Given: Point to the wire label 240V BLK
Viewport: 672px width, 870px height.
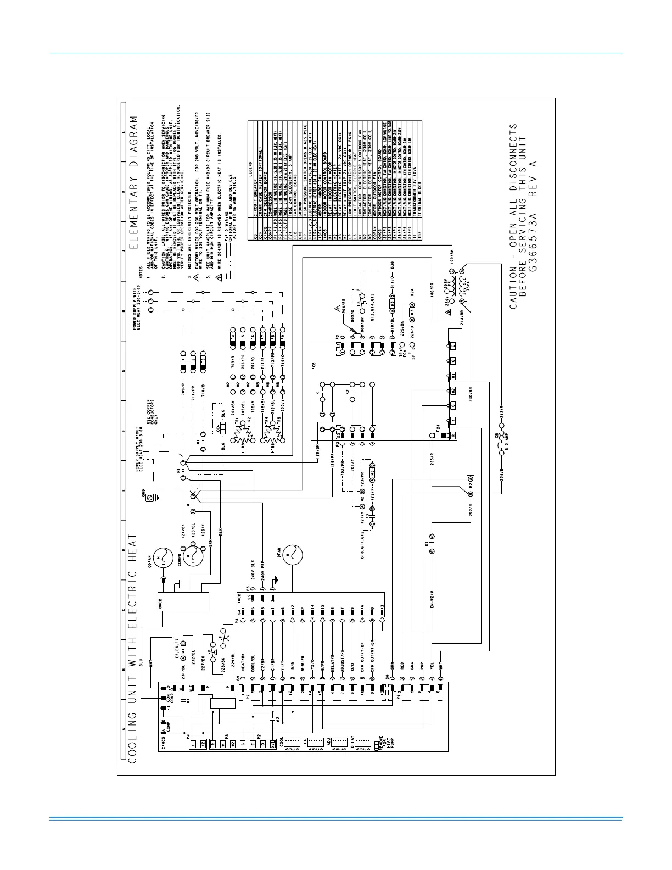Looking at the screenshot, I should pos(253,571).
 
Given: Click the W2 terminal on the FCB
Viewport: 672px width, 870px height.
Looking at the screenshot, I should pos(453,391).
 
